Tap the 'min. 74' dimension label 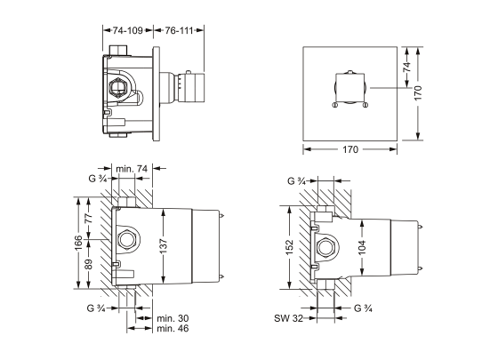pyautogui.click(x=131, y=168)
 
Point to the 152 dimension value pyautogui.click(x=290, y=247)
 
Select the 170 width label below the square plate pyautogui.click(x=350, y=150)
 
